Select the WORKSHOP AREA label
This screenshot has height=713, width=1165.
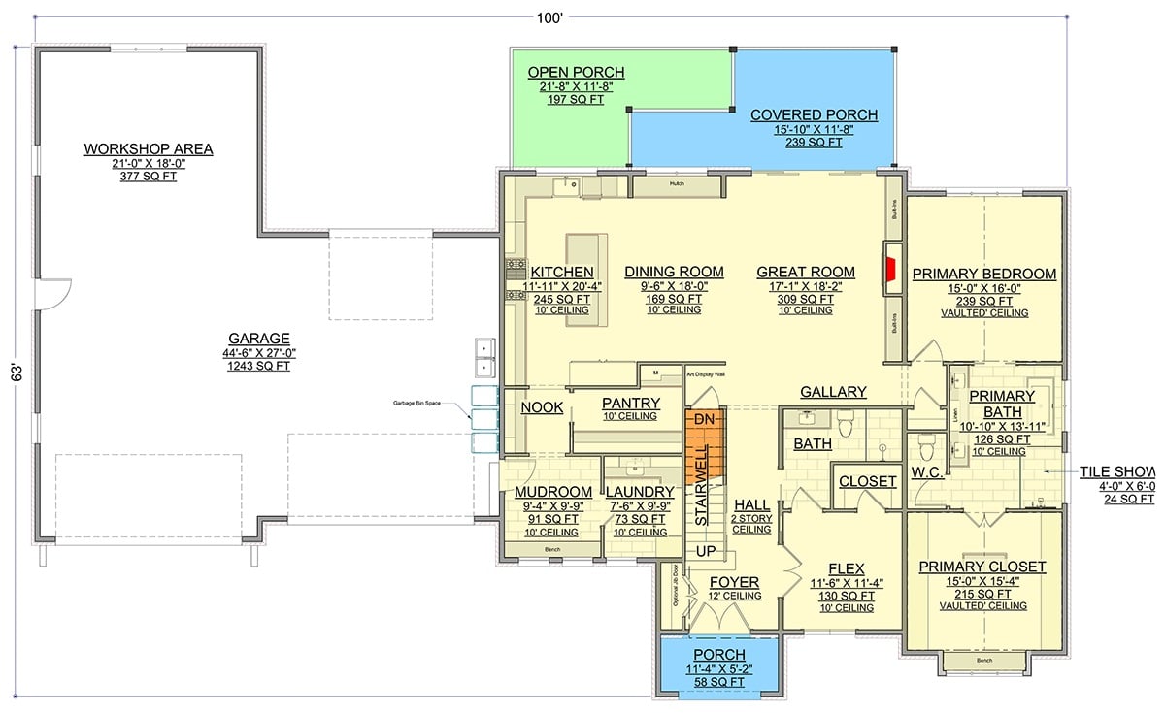pos(148,148)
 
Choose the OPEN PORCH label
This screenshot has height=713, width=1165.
pos(576,73)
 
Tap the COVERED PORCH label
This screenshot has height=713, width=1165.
pos(814,114)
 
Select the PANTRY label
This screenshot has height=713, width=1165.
pos(631,403)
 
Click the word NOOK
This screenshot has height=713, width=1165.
pos(542,408)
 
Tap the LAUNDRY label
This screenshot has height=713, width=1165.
pos(640,492)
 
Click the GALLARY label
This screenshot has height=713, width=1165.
pos(833,392)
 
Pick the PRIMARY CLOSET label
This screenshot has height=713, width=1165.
pos(982,567)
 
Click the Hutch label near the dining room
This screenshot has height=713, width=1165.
pos(677,181)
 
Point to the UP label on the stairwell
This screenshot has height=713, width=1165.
pos(706,551)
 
